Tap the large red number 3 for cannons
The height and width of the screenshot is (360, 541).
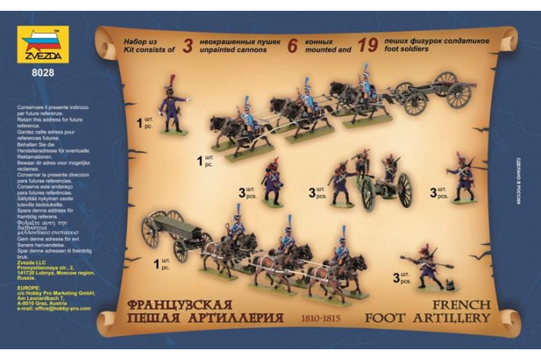pos(186,44)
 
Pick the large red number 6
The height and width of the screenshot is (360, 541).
pos(293,45)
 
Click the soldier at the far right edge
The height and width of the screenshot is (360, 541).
pos(466,176)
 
